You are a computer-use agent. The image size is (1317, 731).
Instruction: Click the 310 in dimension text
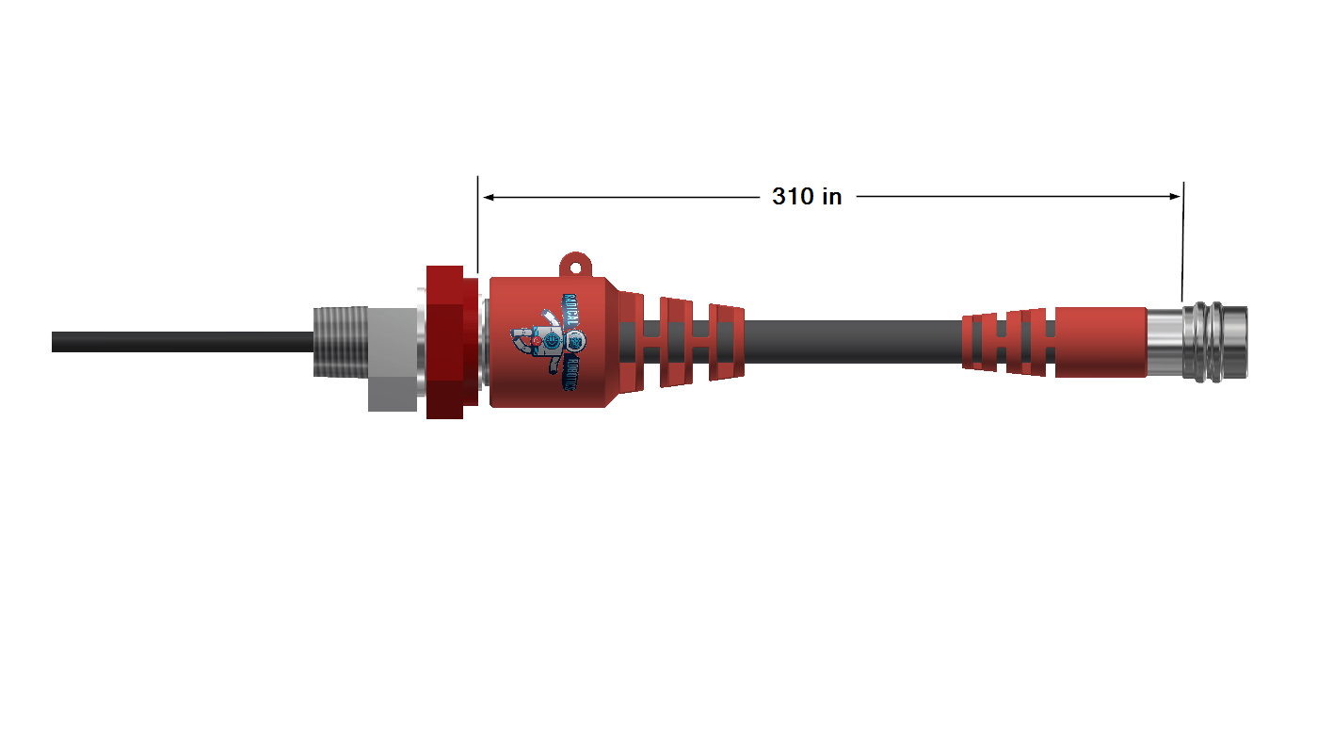coord(807,197)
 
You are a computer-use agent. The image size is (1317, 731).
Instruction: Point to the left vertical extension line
coord(478,226)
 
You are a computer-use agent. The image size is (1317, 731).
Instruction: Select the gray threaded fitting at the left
coord(338,341)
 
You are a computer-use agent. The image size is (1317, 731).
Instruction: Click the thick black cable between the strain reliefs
coord(847,341)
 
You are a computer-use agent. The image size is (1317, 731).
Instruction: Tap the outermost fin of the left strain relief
coord(726,344)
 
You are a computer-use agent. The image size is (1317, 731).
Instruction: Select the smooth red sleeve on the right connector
coord(1100,341)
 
